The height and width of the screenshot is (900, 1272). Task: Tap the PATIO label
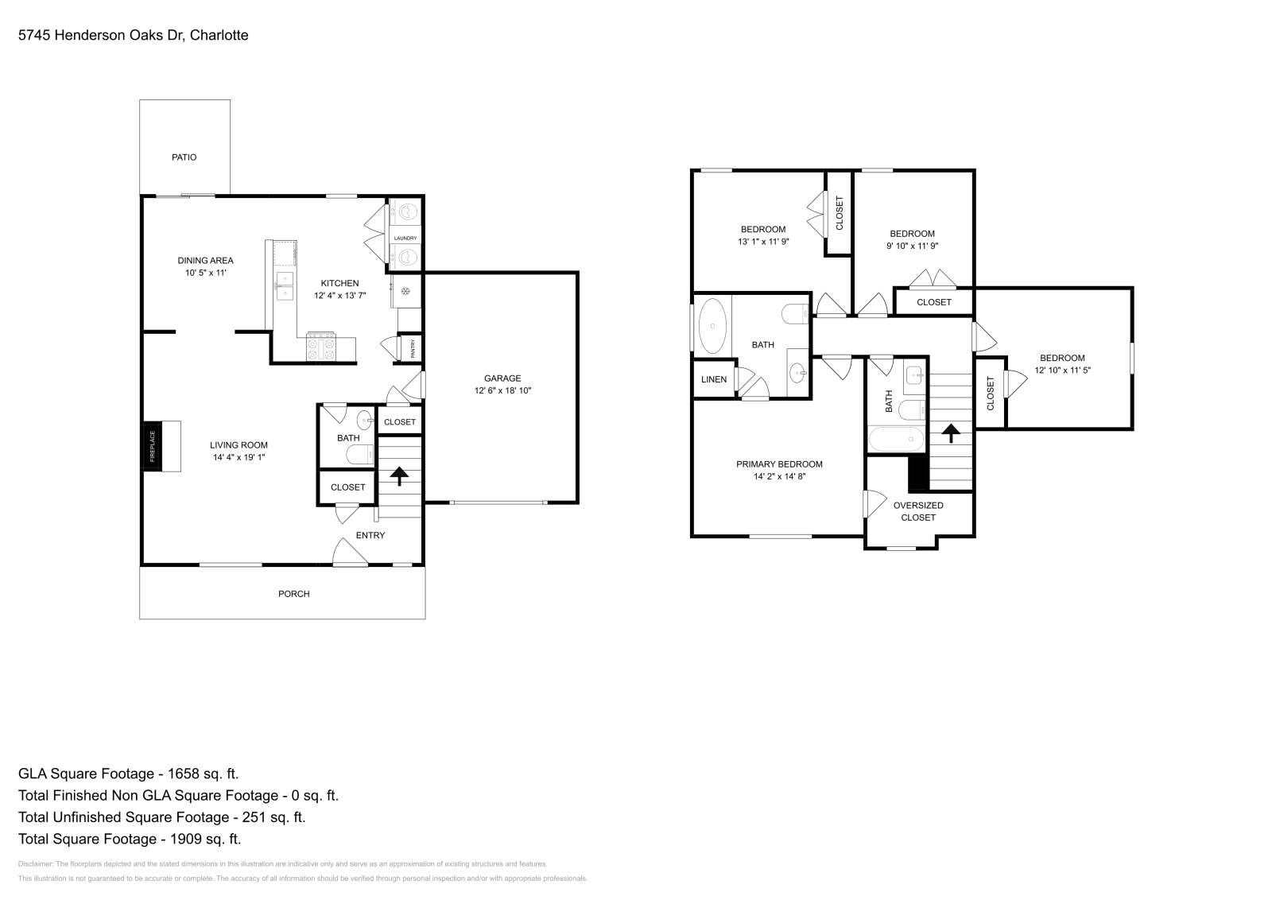point(184,157)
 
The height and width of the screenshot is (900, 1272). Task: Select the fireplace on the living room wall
point(152,446)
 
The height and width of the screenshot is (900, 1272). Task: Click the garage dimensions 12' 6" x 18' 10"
point(502,391)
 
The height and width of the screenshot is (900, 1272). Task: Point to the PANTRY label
point(413,349)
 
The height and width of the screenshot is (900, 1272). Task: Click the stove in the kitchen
point(320,347)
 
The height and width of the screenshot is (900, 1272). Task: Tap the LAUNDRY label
point(405,239)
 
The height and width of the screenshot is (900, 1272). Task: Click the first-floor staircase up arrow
point(398,475)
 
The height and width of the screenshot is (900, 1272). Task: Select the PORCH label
point(293,594)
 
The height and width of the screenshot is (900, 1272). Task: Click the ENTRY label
point(370,535)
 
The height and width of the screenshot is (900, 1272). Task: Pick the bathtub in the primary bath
point(712,325)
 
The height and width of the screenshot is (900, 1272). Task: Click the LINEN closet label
point(713,379)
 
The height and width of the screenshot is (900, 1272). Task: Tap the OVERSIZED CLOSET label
point(918,511)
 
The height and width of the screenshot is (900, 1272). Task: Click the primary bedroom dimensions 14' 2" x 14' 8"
point(779,477)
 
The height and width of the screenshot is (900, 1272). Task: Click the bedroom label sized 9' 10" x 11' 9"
point(912,234)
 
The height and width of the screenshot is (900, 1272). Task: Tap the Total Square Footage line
point(130,839)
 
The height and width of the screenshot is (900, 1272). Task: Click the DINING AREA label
point(205,260)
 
